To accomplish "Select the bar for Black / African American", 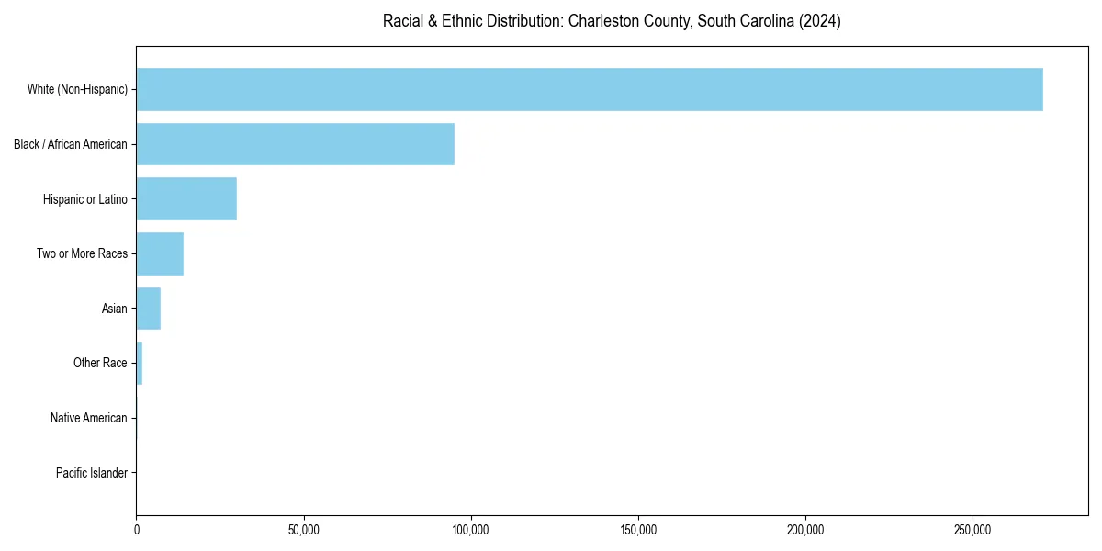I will click(295, 144).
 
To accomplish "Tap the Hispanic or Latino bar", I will click(186, 198).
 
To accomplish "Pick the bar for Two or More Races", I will click(160, 253).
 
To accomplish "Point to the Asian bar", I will click(148, 309).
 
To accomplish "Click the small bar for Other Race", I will click(140, 363).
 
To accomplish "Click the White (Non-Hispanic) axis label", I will click(77, 89).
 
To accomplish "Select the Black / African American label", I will click(71, 144).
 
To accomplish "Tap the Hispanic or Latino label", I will click(85, 199).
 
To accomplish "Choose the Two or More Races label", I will click(82, 253).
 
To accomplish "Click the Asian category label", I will click(115, 309).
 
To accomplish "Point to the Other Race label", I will click(100, 364).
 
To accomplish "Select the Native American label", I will click(89, 418).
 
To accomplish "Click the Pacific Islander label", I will click(92, 473).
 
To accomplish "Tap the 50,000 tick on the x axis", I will click(304, 530).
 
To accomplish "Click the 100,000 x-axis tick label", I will click(471, 530).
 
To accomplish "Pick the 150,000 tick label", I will click(638, 530).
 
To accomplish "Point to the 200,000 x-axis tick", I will click(805, 530).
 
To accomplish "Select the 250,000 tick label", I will click(973, 530).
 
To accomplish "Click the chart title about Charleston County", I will click(612, 21).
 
